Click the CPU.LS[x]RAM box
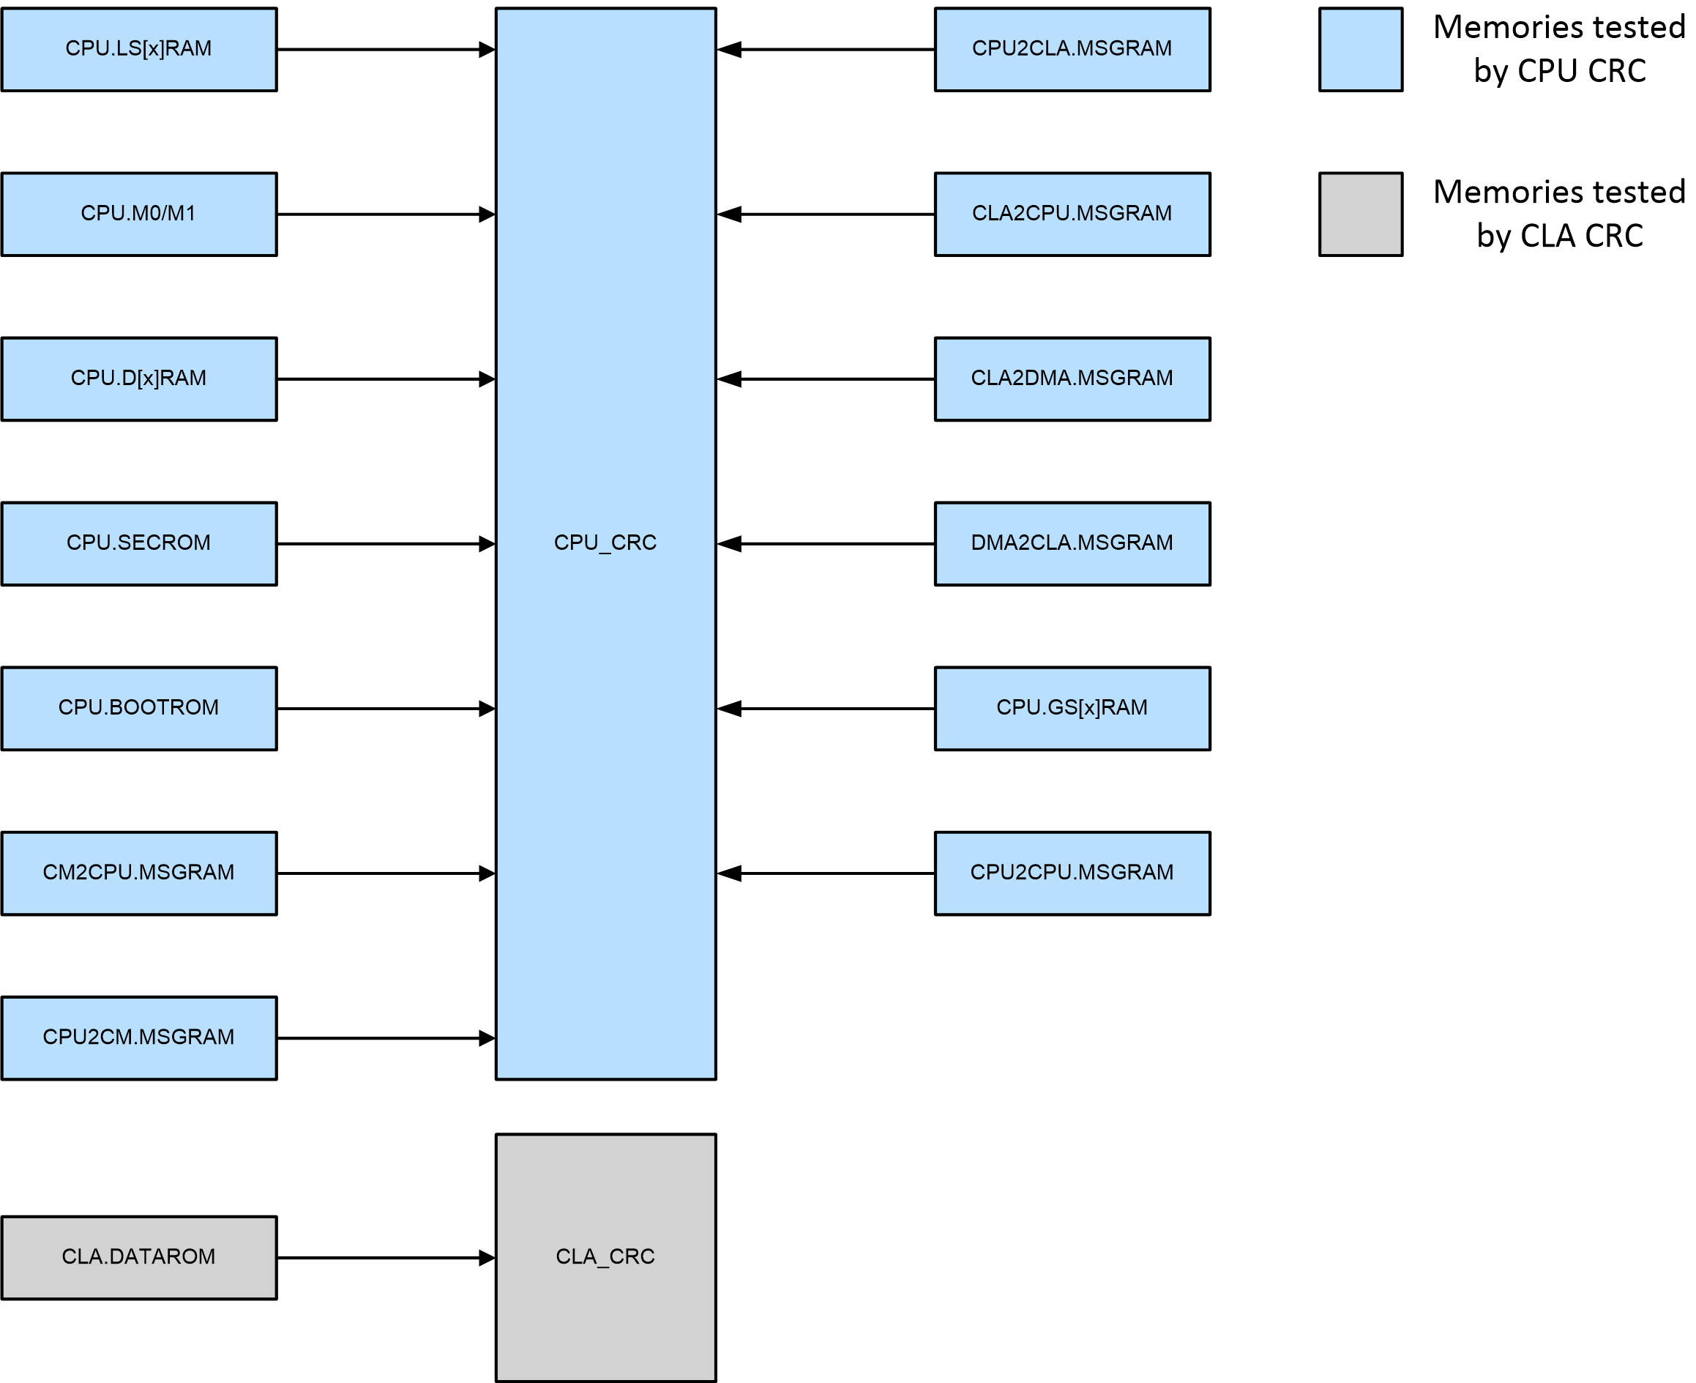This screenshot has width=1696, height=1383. tap(138, 49)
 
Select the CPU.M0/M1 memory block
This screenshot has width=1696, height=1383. tap(138, 215)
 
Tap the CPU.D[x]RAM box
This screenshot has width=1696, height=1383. tap(138, 379)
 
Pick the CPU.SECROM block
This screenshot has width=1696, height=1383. tap(138, 544)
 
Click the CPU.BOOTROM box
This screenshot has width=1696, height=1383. tap(138, 708)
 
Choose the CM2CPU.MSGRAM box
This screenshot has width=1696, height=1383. tap(138, 873)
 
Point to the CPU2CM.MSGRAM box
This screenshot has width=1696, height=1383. tap(138, 1038)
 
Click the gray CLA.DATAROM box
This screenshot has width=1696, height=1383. tap(138, 1258)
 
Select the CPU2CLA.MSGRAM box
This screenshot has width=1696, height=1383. tap(1072, 49)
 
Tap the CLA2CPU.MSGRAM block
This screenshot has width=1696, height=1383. tap(1072, 215)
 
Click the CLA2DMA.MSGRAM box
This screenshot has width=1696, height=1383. tap(1072, 379)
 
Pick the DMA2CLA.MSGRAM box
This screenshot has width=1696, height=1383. tap(1072, 544)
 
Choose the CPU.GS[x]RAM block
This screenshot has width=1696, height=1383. tap(1072, 708)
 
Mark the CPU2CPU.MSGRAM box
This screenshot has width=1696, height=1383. tap(1072, 873)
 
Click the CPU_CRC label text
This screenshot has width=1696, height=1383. tap(605, 543)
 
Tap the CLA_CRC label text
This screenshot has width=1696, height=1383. tap(605, 1256)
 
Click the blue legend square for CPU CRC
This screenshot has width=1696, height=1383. tap(1361, 49)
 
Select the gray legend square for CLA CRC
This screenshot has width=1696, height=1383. tap(1361, 215)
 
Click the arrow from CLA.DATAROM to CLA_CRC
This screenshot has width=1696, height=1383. tap(382, 1258)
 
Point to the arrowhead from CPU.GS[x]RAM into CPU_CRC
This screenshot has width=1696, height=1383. tap(729, 708)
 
